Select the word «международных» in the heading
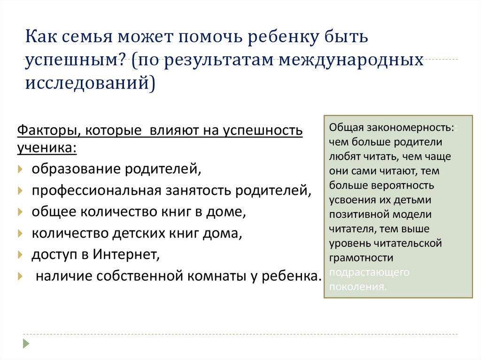tap(351, 60)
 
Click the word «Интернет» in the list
tap(126, 254)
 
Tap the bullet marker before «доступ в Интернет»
tap(19, 254)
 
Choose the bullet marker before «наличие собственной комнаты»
tap(19, 276)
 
